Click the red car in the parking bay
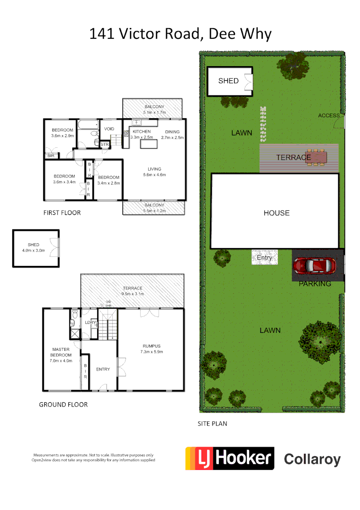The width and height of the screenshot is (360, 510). point(314,266)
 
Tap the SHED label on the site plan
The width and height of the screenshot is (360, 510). point(228,81)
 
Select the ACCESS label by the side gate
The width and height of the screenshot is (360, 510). point(329,116)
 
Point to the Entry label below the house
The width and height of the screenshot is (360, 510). point(264,258)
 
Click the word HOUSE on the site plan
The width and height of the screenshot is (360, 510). point(276,213)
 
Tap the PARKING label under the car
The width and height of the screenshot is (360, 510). point(315,284)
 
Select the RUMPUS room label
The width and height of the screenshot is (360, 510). point(151,346)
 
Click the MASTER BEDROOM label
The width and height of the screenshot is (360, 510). point(62,352)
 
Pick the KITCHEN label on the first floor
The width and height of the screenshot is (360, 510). point(142,131)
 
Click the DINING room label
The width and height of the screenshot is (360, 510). point(172,132)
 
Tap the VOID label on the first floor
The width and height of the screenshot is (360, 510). point(109,129)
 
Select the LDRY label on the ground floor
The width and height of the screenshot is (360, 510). point(91,323)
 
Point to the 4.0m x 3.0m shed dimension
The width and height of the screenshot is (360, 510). point(33,250)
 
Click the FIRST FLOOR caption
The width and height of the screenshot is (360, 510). point(62,213)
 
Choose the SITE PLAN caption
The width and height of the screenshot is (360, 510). point(212,424)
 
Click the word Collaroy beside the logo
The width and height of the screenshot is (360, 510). point(312,459)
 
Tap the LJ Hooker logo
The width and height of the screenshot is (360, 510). point(229,458)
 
